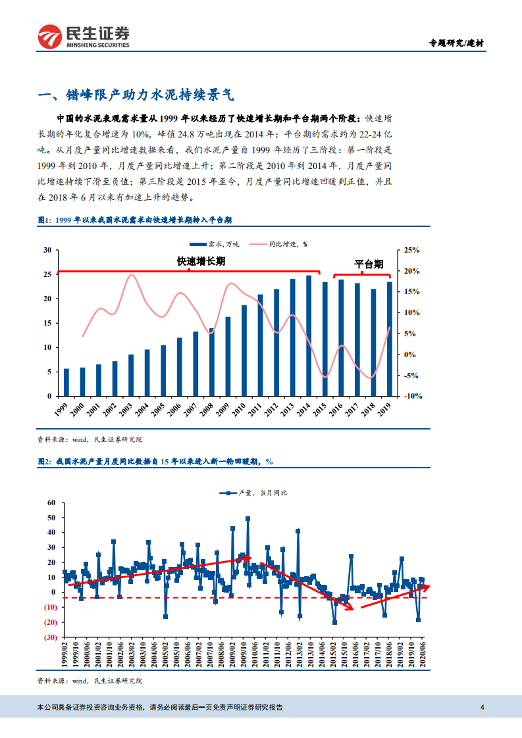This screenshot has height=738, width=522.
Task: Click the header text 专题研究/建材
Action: click(x=457, y=43)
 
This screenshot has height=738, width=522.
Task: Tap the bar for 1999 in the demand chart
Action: click(x=66, y=382)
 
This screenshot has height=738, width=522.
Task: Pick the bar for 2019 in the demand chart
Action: click(x=389, y=339)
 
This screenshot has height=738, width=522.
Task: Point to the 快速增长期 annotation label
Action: click(x=201, y=261)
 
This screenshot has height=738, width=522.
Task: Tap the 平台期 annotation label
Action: click(x=368, y=264)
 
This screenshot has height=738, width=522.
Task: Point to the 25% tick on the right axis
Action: click(x=411, y=250)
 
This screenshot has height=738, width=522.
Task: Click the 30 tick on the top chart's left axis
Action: click(x=47, y=250)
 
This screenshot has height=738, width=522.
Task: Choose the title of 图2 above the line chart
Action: click(x=155, y=462)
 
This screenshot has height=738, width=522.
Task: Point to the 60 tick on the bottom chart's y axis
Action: click(x=51, y=503)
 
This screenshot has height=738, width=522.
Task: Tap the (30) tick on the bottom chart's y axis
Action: click(x=50, y=637)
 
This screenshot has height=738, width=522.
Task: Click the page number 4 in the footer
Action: click(x=483, y=708)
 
